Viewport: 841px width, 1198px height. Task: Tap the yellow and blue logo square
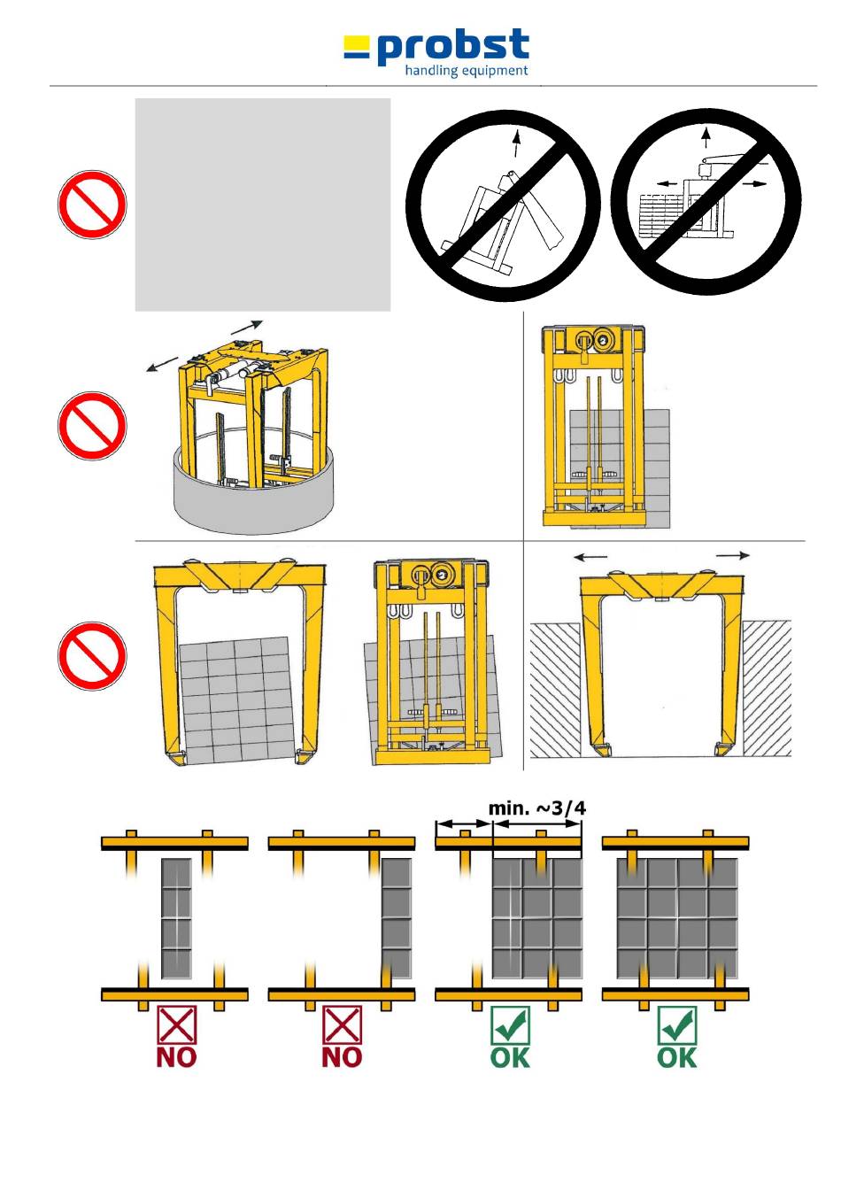[x=357, y=47]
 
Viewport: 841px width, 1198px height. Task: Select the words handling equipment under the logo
[x=467, y=71]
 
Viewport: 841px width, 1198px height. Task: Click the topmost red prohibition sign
[x=91, y=205]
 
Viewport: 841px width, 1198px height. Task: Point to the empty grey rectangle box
[x=262, y=205]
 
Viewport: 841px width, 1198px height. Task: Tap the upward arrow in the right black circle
[x=706, y=136]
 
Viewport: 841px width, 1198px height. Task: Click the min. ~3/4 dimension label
[x=537, y=808]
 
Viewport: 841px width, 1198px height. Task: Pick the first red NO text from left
[x=176, y=1056]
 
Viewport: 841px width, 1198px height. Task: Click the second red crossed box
[x=342, y=1025]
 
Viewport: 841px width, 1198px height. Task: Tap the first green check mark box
[x=510, y=1025]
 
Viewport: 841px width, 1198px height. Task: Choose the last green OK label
[x=677, y=1056]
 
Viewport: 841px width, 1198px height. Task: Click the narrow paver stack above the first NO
[x=177, y=918]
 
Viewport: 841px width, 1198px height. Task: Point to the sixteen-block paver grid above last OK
[x=677, y=918]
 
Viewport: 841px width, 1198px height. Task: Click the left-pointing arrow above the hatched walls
[x=590, y=557]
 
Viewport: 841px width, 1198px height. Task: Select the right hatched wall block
[x=766, y=688]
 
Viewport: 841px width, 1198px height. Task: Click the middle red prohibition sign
[x=91, y=426]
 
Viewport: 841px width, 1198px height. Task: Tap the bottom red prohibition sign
[x=91, y=656]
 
